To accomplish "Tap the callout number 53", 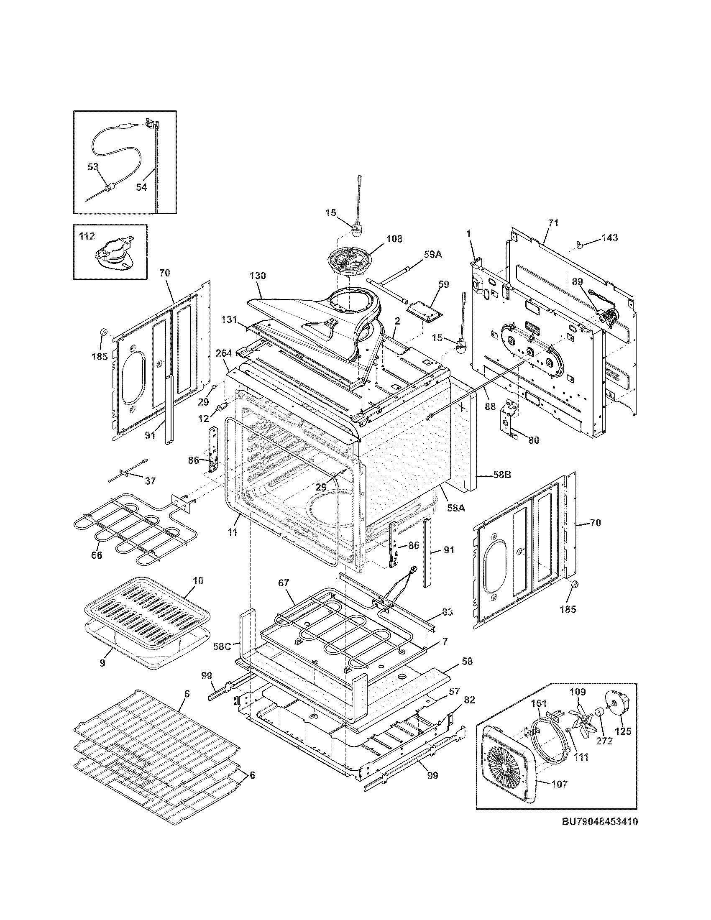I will click(93, 167).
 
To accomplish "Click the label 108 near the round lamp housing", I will click(394, 239).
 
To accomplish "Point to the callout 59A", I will click(433, 254).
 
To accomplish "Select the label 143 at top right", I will click(609, 238).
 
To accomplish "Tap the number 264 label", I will click(224, 353).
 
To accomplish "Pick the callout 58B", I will click(502, 475).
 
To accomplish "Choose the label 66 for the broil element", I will click(97, 555).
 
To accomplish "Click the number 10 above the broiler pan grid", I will click(198, 580).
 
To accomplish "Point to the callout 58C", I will click(222, 646).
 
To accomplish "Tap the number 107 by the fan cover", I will click(559, 784).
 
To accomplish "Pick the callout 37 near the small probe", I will click(150, 480).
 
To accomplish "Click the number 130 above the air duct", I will click(258, 276).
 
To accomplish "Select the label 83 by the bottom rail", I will click(448, 612).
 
